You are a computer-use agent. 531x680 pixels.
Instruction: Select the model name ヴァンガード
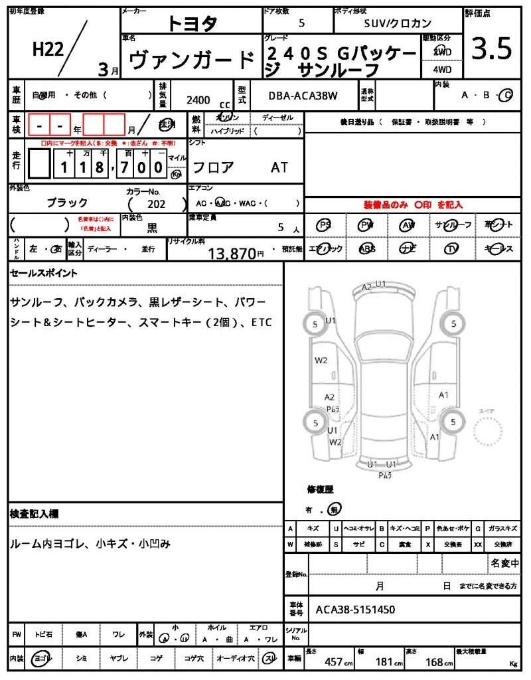191,60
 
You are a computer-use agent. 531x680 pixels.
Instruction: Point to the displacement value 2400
198,100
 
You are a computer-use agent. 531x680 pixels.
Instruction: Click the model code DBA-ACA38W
303,96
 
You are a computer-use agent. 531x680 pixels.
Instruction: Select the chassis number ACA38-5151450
355,609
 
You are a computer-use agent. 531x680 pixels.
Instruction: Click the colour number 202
157,205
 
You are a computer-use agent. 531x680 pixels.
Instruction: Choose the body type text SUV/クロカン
398,23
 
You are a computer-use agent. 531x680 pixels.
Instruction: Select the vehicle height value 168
434,662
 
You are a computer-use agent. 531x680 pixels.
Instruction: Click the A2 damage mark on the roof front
366,288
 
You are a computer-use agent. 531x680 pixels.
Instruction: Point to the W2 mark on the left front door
321,361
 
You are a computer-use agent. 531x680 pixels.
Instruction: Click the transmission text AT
279,167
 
